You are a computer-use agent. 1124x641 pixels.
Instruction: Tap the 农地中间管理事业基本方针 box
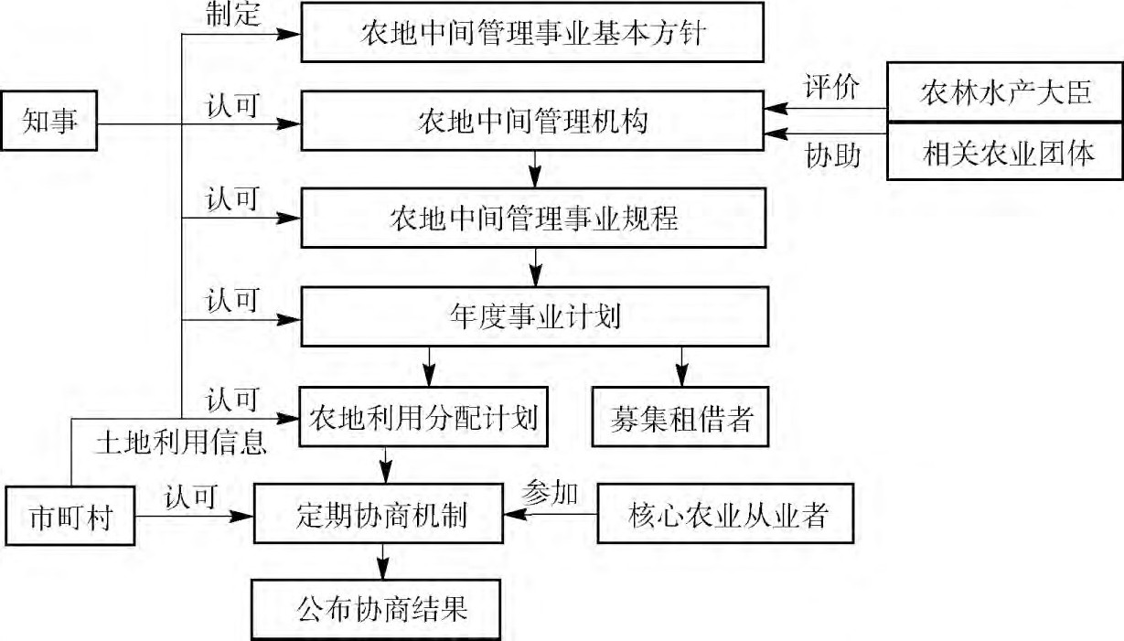pos(532,33)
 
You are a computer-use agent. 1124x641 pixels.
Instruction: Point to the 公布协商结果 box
pos(377,610)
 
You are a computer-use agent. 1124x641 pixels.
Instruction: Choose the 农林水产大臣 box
pos(1004,92)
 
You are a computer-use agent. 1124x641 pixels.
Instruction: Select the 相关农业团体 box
pos(1004,153)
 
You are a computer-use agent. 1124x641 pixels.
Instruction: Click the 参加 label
pos(549,493)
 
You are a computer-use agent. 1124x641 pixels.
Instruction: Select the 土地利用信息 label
pos(181,443)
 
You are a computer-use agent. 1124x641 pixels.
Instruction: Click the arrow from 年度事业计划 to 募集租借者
pos(680,366)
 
